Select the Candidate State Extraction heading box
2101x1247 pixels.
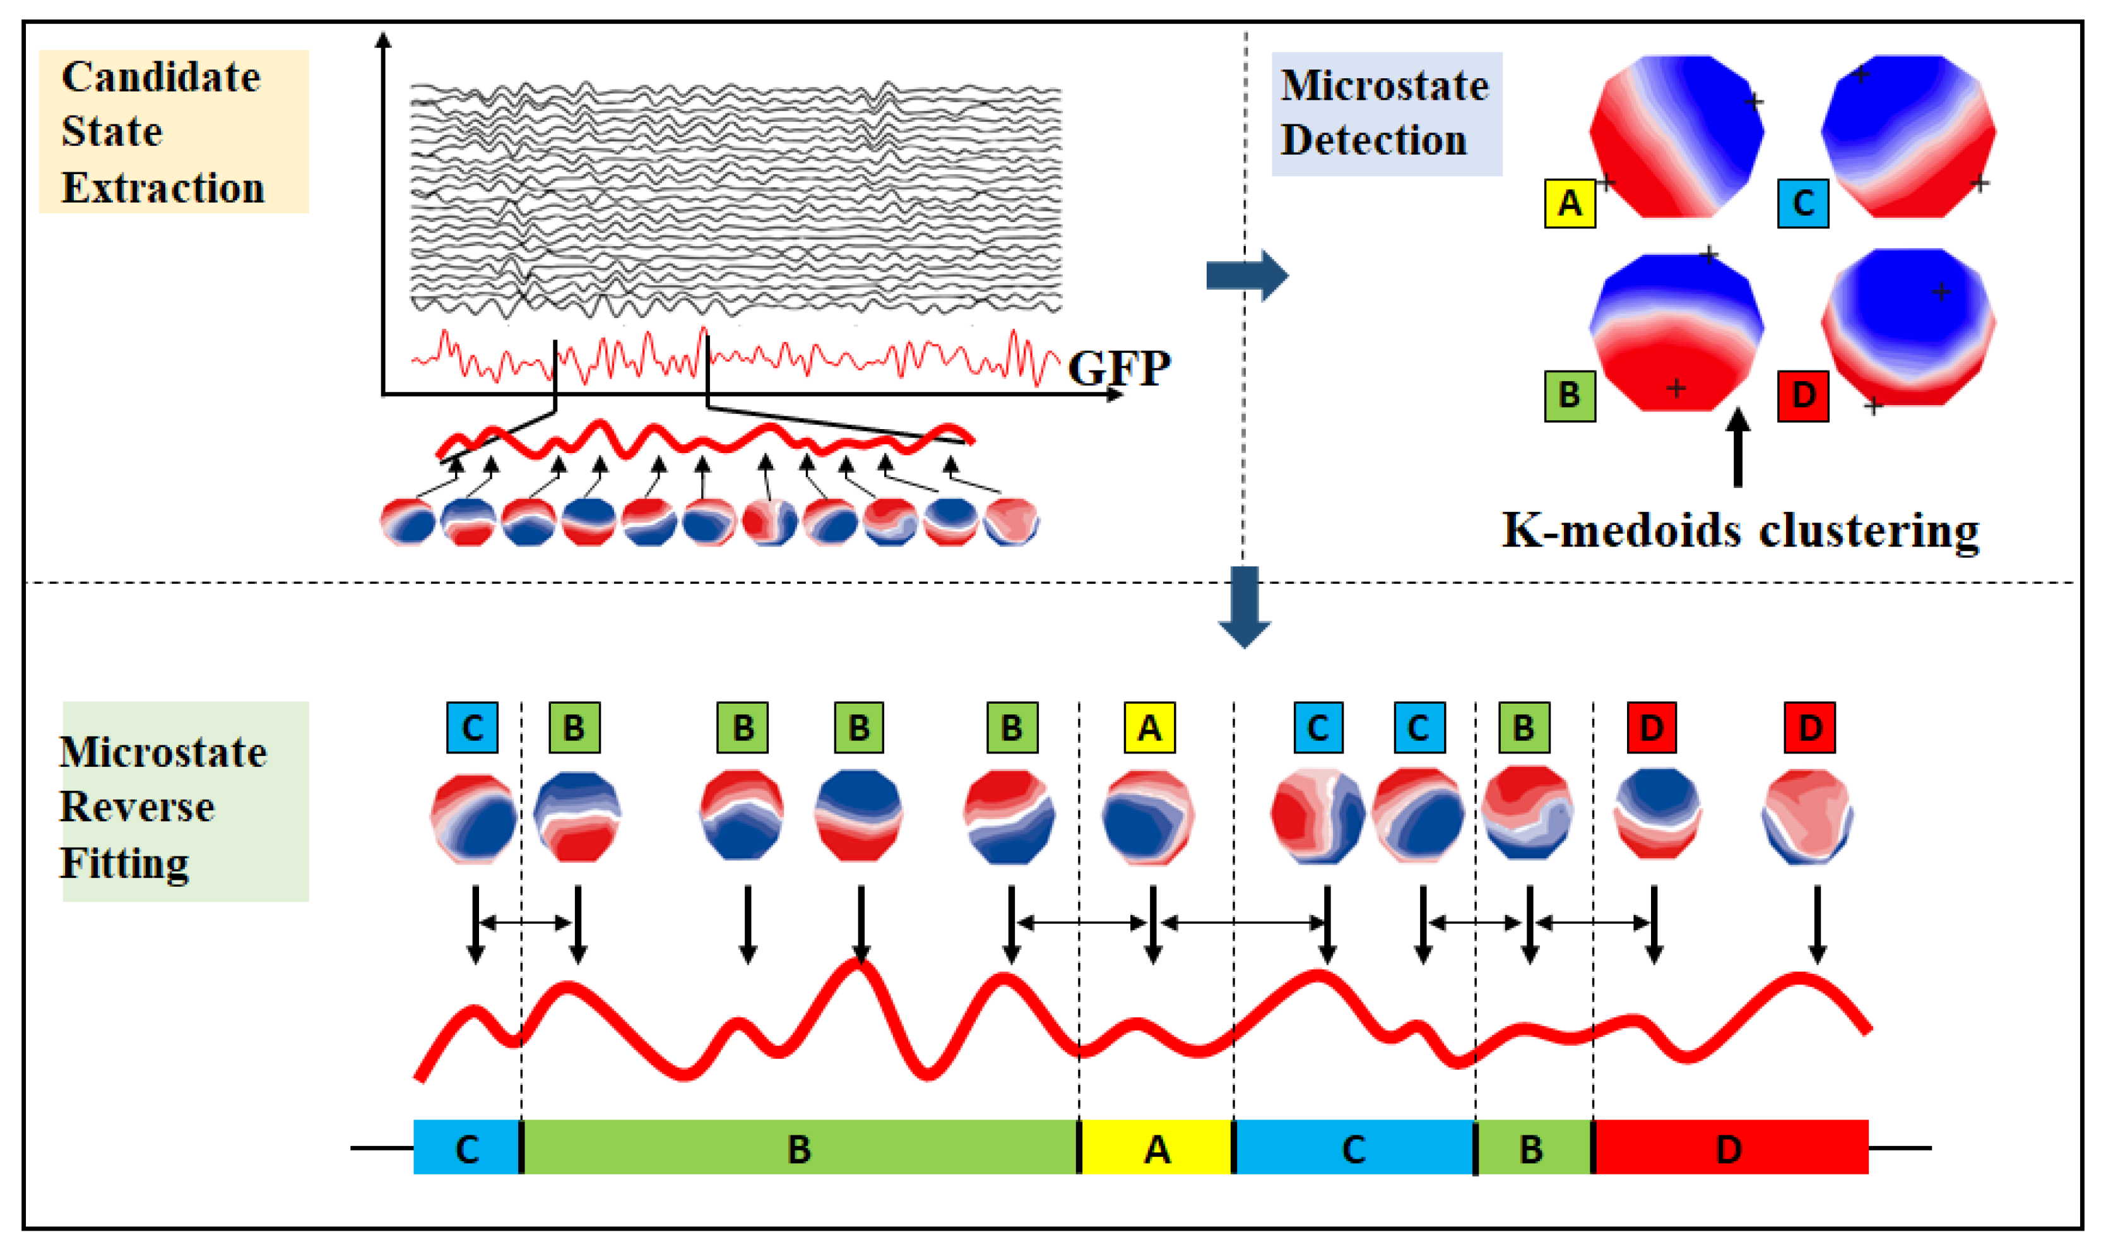[173, 131]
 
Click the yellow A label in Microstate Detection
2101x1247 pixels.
[1569, 203]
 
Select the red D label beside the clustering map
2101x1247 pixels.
[1802, 395]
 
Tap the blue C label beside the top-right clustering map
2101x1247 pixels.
[1802, 203]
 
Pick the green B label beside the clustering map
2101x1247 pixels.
[1569, 395]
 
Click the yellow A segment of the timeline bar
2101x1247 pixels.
[1156, 1147]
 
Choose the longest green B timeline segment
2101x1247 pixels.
[799, 1147]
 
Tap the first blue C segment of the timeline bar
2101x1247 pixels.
[466, 1147]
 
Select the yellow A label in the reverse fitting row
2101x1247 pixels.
[1149, 728]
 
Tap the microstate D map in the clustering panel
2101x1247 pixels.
[1909, 326]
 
